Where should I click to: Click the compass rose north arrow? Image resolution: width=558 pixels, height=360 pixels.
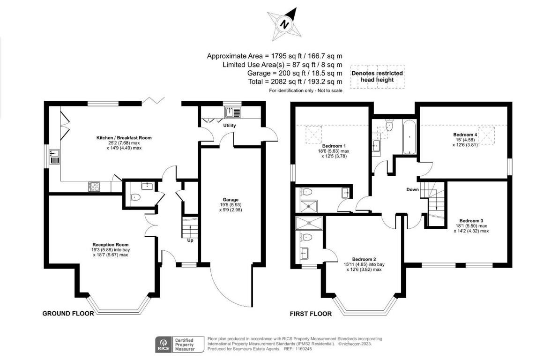pyautogui.click(x=284, y=24)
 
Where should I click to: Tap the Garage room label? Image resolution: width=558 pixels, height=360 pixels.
pyautogui.click(x=231, y=200)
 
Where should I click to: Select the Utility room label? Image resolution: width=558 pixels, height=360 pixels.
pyautogui.click(x=230, y=125)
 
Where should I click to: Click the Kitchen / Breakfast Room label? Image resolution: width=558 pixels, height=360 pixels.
pyautogui.click(x=124, y=138)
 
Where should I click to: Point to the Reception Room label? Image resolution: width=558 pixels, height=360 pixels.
pyautogui.click(x=110, y=245)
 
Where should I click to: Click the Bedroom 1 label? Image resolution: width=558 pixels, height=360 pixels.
pyautogui.click(x=334, y=146)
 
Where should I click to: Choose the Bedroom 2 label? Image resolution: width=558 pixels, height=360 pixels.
pyautogui.click(x=364, y=259)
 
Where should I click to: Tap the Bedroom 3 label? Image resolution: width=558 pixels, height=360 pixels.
pyautogui.click(x=471, y=221)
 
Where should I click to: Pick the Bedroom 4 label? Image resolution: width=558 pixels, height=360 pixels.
pyautogui.click(x=465, y=135)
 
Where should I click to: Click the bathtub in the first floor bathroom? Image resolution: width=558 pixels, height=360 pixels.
pyautogui.click(x=409, y=137)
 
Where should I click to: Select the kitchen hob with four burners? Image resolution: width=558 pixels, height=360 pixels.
pyautogui.click(x=94, y=187)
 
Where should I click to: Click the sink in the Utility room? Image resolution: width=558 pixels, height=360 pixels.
pyautogui.click(x=233, y=112)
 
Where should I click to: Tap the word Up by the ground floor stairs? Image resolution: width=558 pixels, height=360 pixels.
pyautogui.click(x=190, y=240)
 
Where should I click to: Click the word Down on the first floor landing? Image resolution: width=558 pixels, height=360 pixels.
pyautogui.click(x=412, y=189)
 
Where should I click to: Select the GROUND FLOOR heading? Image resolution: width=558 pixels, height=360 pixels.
pyautogui.click(x=68, y=313)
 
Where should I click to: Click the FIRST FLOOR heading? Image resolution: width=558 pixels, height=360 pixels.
pyautogui.click(x=311, y=314)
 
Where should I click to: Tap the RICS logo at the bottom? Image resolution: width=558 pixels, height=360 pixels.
pyautogui.click(x=164, y=345)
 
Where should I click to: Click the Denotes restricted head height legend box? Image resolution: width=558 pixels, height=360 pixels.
pyautogui.click(x=377, y=76)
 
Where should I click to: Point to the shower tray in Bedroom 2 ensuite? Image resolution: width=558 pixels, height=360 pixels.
pyautogui.click(x=309, y=223)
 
